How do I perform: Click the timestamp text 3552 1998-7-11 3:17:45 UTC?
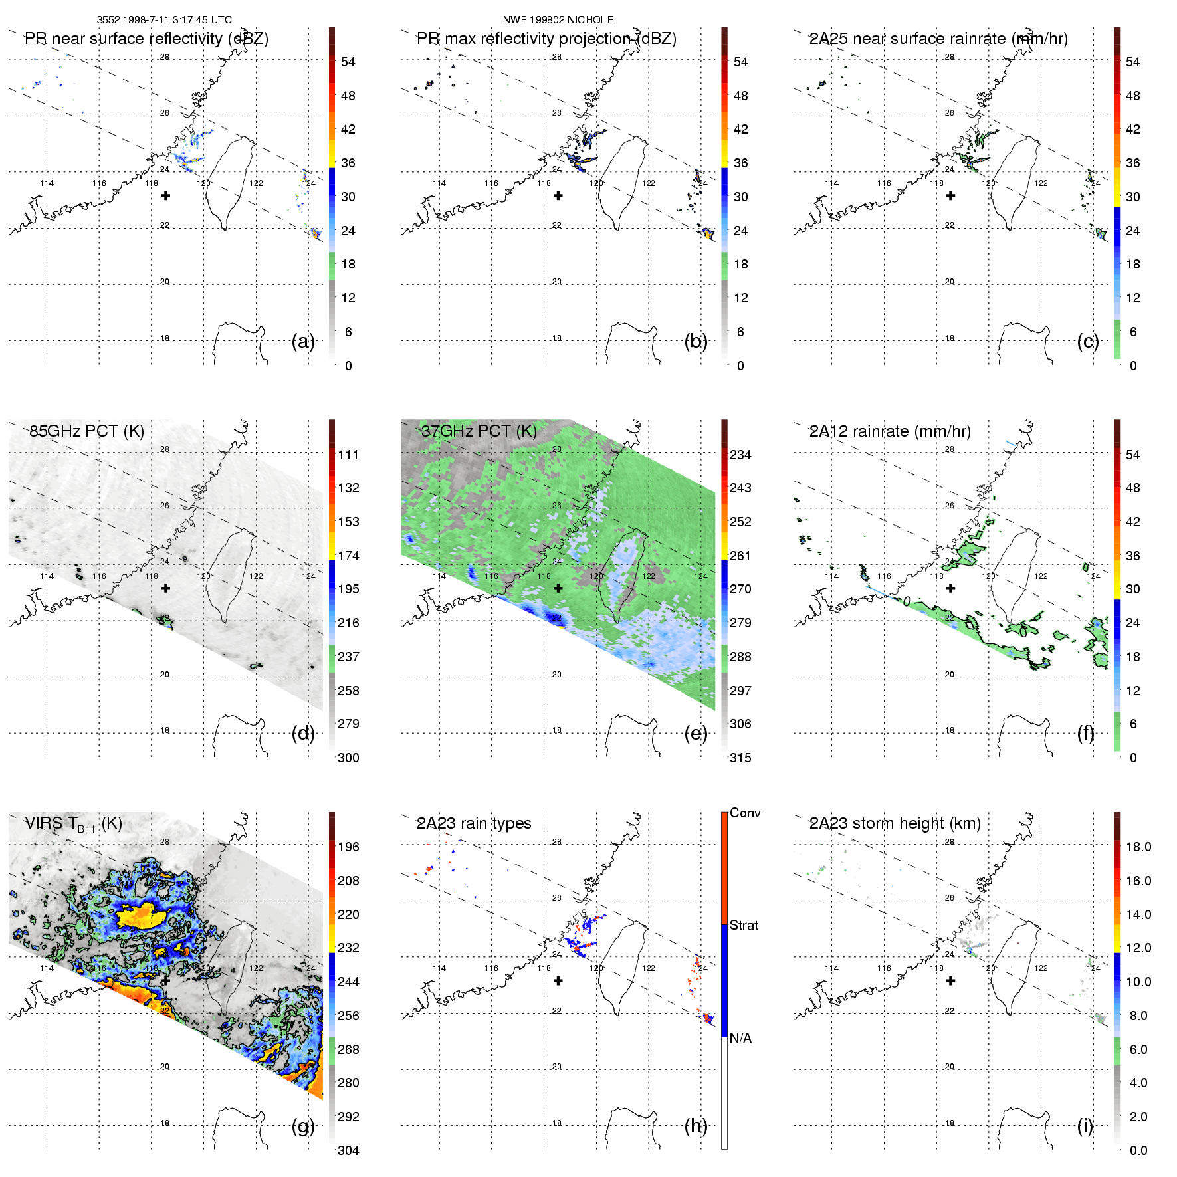[x=164, y=20]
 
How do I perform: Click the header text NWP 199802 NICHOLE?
[x=558, y=20]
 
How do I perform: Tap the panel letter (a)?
[x=303, y=341]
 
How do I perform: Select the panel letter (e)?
[x=695, y=733]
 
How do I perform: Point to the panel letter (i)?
[x=1085, y=1126]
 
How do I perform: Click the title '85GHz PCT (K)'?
[x=86, y=431]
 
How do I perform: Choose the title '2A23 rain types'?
[x=474, y=823]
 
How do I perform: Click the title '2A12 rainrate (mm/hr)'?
[x=890, y=431]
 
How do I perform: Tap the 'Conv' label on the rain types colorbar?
[x=744, y=813]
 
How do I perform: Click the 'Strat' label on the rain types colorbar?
[x=744, y=925]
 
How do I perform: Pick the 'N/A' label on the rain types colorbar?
[x=740, y=1038]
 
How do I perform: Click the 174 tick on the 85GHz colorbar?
[x=348, y=556]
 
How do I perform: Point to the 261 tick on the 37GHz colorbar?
[x=740, y=556]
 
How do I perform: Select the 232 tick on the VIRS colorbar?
[x=348, y=948]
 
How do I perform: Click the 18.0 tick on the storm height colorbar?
[x=1138, y=847]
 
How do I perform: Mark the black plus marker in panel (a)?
[x=165, y=195]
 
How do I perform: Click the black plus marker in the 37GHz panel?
[x=558, y=588]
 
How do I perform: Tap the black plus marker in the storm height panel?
[x=950, y=981]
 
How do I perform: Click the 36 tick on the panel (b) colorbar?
[x=740, y=163]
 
